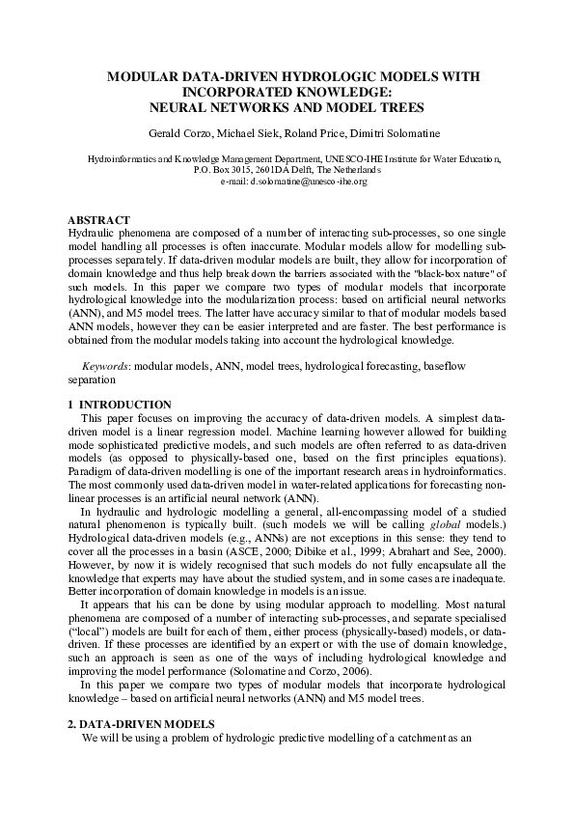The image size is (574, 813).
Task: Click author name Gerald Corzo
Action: coord(198,131)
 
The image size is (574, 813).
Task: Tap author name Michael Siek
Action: coord(265,131)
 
